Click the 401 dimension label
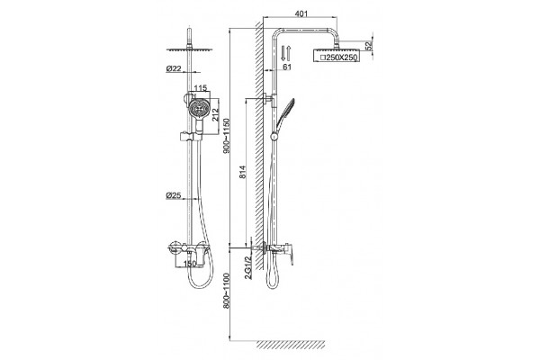tap(301, 13)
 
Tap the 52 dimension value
tap(369, 46)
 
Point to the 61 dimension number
tap(287, 67)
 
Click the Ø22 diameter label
tap(174, 68)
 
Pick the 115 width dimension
tap(201, 88)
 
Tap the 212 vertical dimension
tap(216, 114)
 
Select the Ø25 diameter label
tap(174, 195)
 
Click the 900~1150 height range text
tap(227, 136)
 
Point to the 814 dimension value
tap(243, 172)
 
